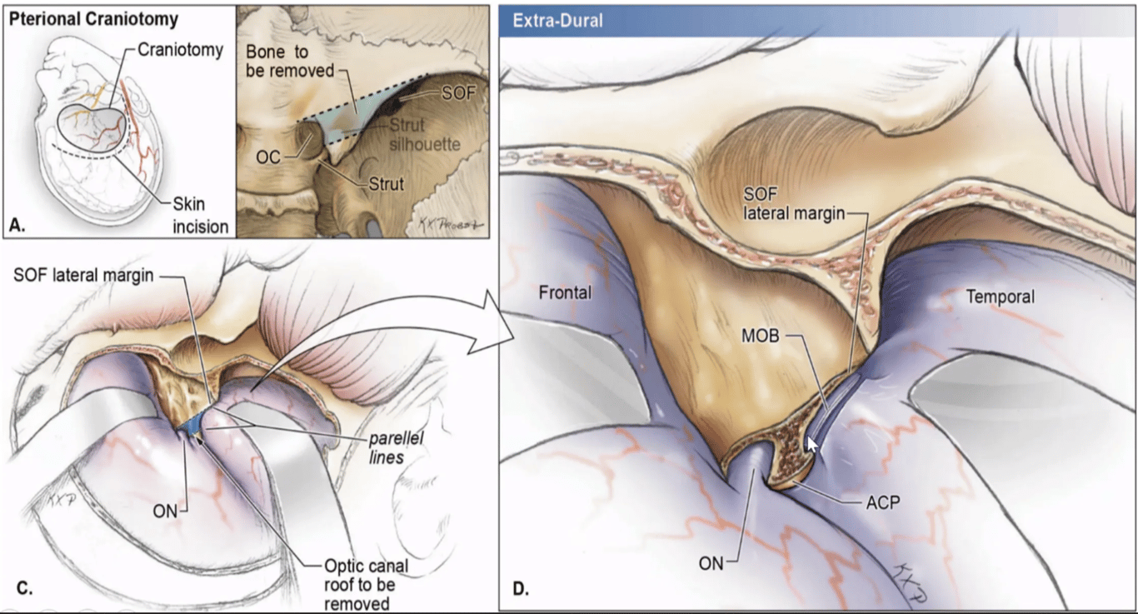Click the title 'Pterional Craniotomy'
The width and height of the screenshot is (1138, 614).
pos(95,17)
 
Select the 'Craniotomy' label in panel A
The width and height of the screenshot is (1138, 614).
pos(180,50)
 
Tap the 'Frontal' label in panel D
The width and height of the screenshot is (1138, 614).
pos(566,292)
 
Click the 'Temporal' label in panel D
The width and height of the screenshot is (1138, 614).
pos(1000,296)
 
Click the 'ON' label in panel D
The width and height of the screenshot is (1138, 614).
pos(711,562)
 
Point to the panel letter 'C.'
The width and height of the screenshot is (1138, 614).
pos(24,588)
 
